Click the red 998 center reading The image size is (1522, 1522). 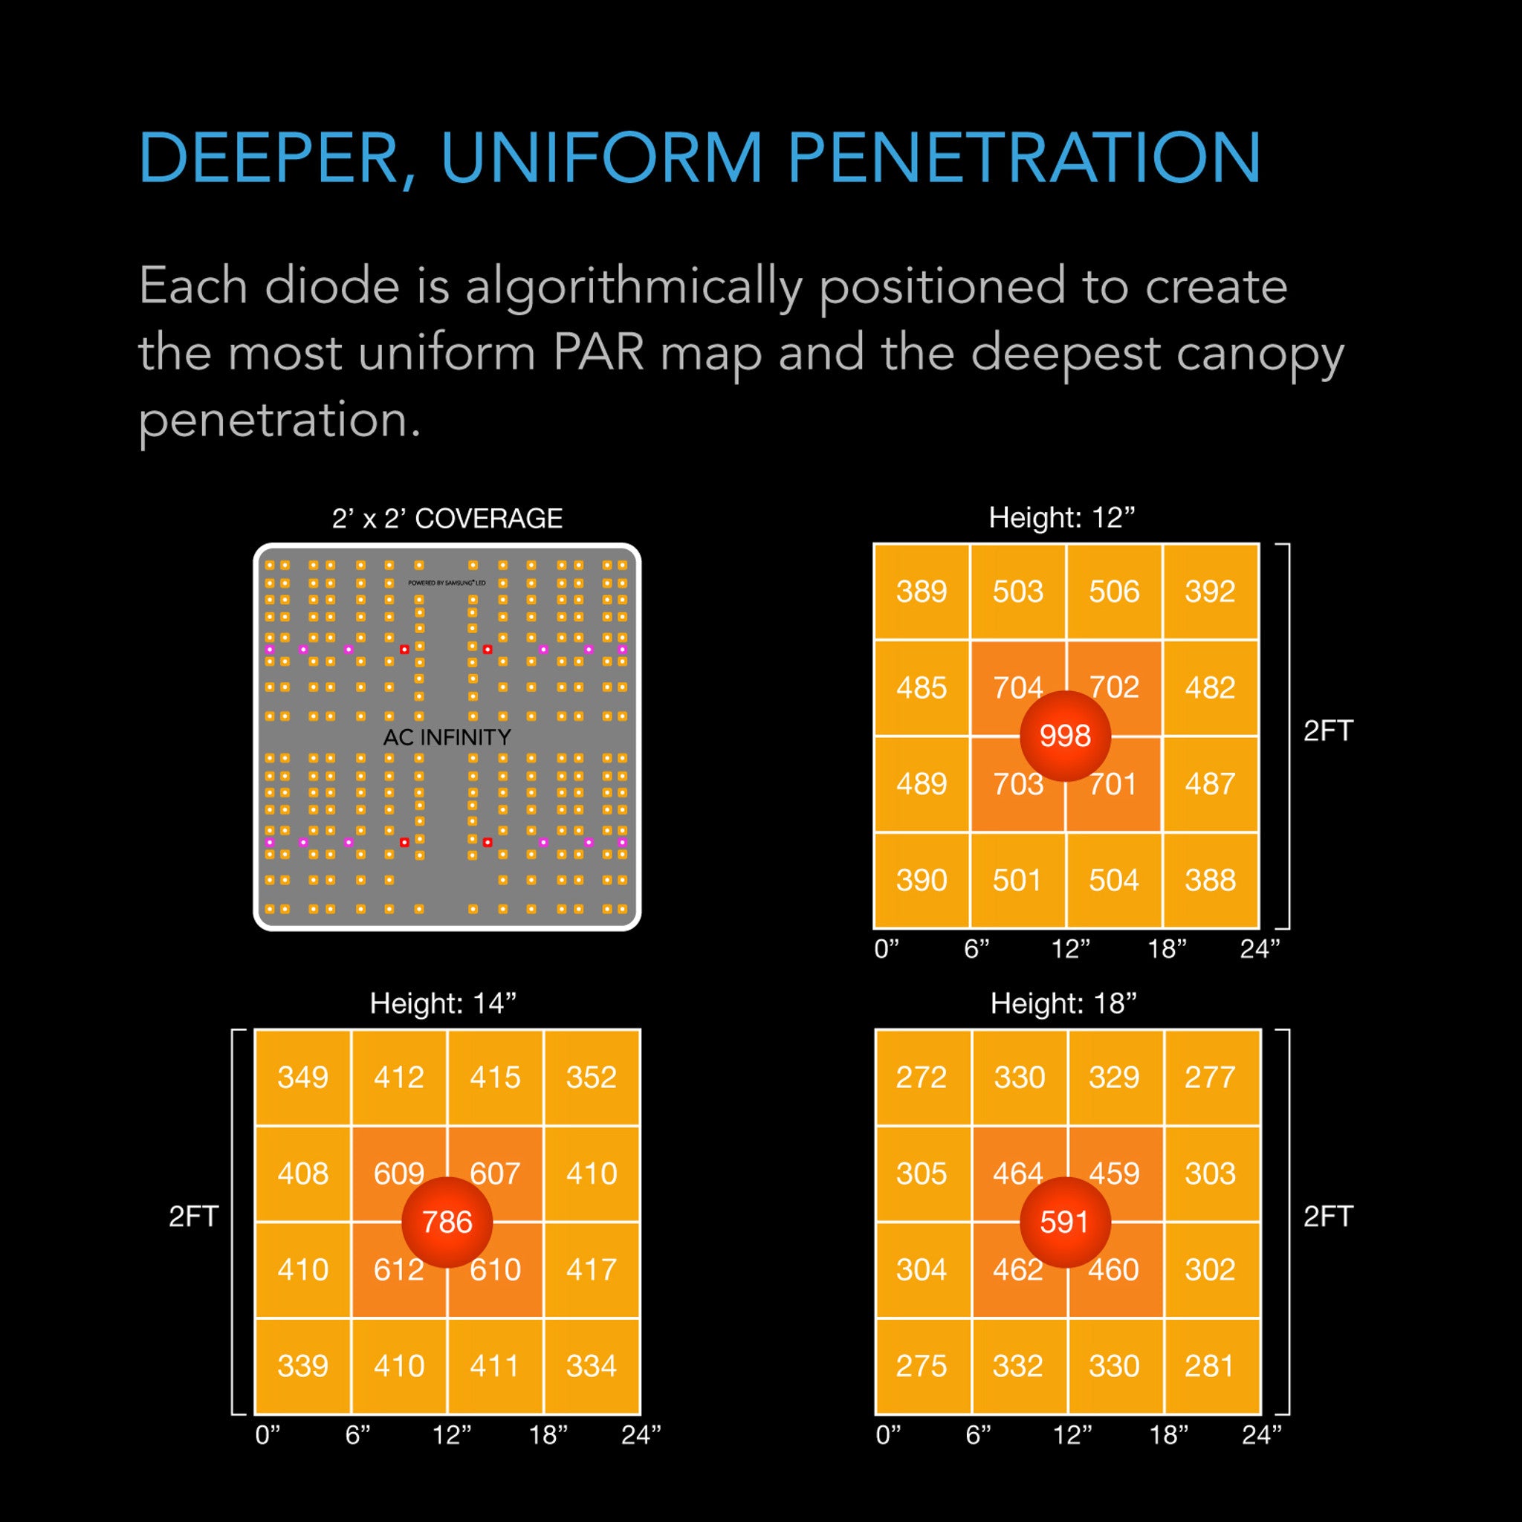pyautogui.click(x=1065, y=736)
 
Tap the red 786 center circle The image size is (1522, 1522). pyautogui.click(x=447, y=1222)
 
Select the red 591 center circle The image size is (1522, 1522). pyautogui.click(x=1065, y=1222)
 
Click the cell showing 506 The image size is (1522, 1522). pyautogui.click(x=1114, y=592)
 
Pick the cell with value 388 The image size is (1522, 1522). pyautogui.click(x=1210, y=880)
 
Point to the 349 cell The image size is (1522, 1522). pyautogui.click(x=302, y=1077)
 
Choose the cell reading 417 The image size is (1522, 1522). pyautogui.click(x=591, y=1269)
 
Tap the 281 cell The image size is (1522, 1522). pyautogui.click(x=1210, y=1365)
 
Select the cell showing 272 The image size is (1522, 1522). pyautogui.click(x=921, y=1077)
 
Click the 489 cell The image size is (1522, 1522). pyautogui.click(x=921, y=784)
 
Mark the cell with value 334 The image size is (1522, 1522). pyautogui.click(x=591, y=1365)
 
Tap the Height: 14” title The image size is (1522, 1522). pyautogui.click(x=444, y=1003)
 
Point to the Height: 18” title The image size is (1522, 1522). pyautogui.click(x=1063, y=1003)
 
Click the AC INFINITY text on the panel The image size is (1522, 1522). pyautogui.click(x=447, y=737)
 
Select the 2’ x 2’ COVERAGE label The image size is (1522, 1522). pyautogui.click(x=447, y=519)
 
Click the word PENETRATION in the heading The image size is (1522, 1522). pyautogui.click(x=1024, y=158)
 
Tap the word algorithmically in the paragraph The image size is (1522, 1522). pyautogui.click(x=633, y=286)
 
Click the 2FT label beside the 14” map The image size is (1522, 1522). pyautogui.click(x=193, y=1217)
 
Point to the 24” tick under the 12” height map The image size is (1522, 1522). pyautogui.click(x=1260, y=949)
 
